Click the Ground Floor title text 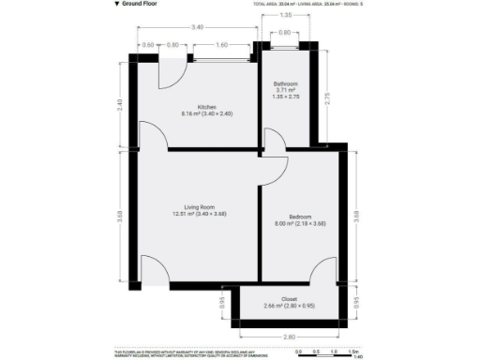pos(139,5)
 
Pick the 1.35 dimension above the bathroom pos(286,16)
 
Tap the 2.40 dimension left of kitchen pos(120,106)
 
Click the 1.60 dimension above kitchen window pos(219,44)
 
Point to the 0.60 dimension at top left pos(148,44)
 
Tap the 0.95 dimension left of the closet pos(222,303)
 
